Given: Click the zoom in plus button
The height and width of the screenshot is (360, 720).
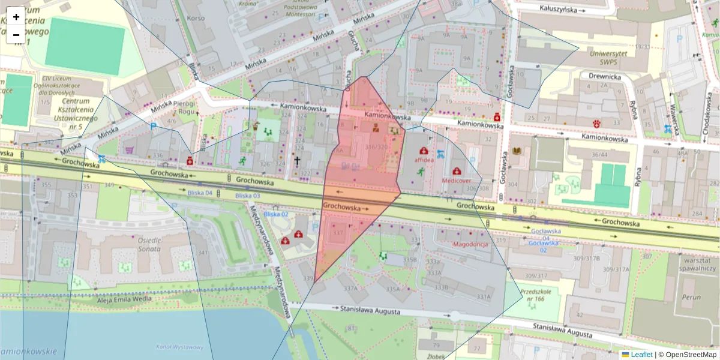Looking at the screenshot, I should (x=16, y=17).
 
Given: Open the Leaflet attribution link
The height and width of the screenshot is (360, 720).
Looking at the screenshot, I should (x=641, y=355).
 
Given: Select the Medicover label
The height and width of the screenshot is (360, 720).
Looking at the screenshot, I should (x=457, y=180).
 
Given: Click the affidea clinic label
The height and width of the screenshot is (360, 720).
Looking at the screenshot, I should (x=424, y=160).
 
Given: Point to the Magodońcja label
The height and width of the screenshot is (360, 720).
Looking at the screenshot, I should (x=470, y=244).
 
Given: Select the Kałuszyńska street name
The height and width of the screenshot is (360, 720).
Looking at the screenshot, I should (x=558, y=10).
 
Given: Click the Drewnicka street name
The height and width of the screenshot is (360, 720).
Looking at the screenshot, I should (x=604, y=77).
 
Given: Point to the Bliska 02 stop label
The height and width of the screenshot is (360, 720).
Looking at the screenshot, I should (x=276, y=214).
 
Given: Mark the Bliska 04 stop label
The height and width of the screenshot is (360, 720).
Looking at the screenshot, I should (x=200, y=193).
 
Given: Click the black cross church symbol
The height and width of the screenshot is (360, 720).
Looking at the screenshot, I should (x=296, y=161).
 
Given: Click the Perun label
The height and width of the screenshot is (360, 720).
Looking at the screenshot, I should (x=691, y=297).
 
